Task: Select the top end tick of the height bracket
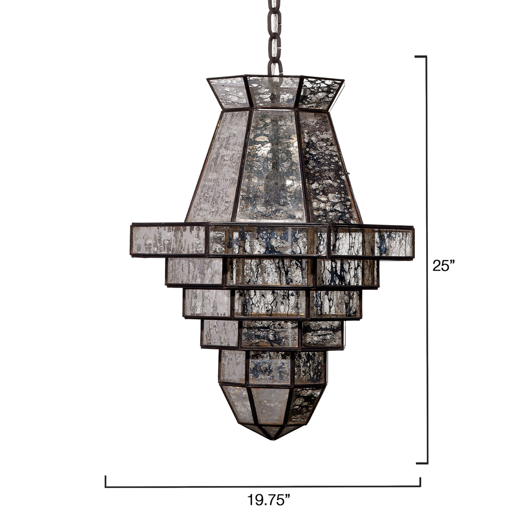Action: [421, 57]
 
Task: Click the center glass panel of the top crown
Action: [273, 92]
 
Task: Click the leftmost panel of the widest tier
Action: [169, 240]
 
